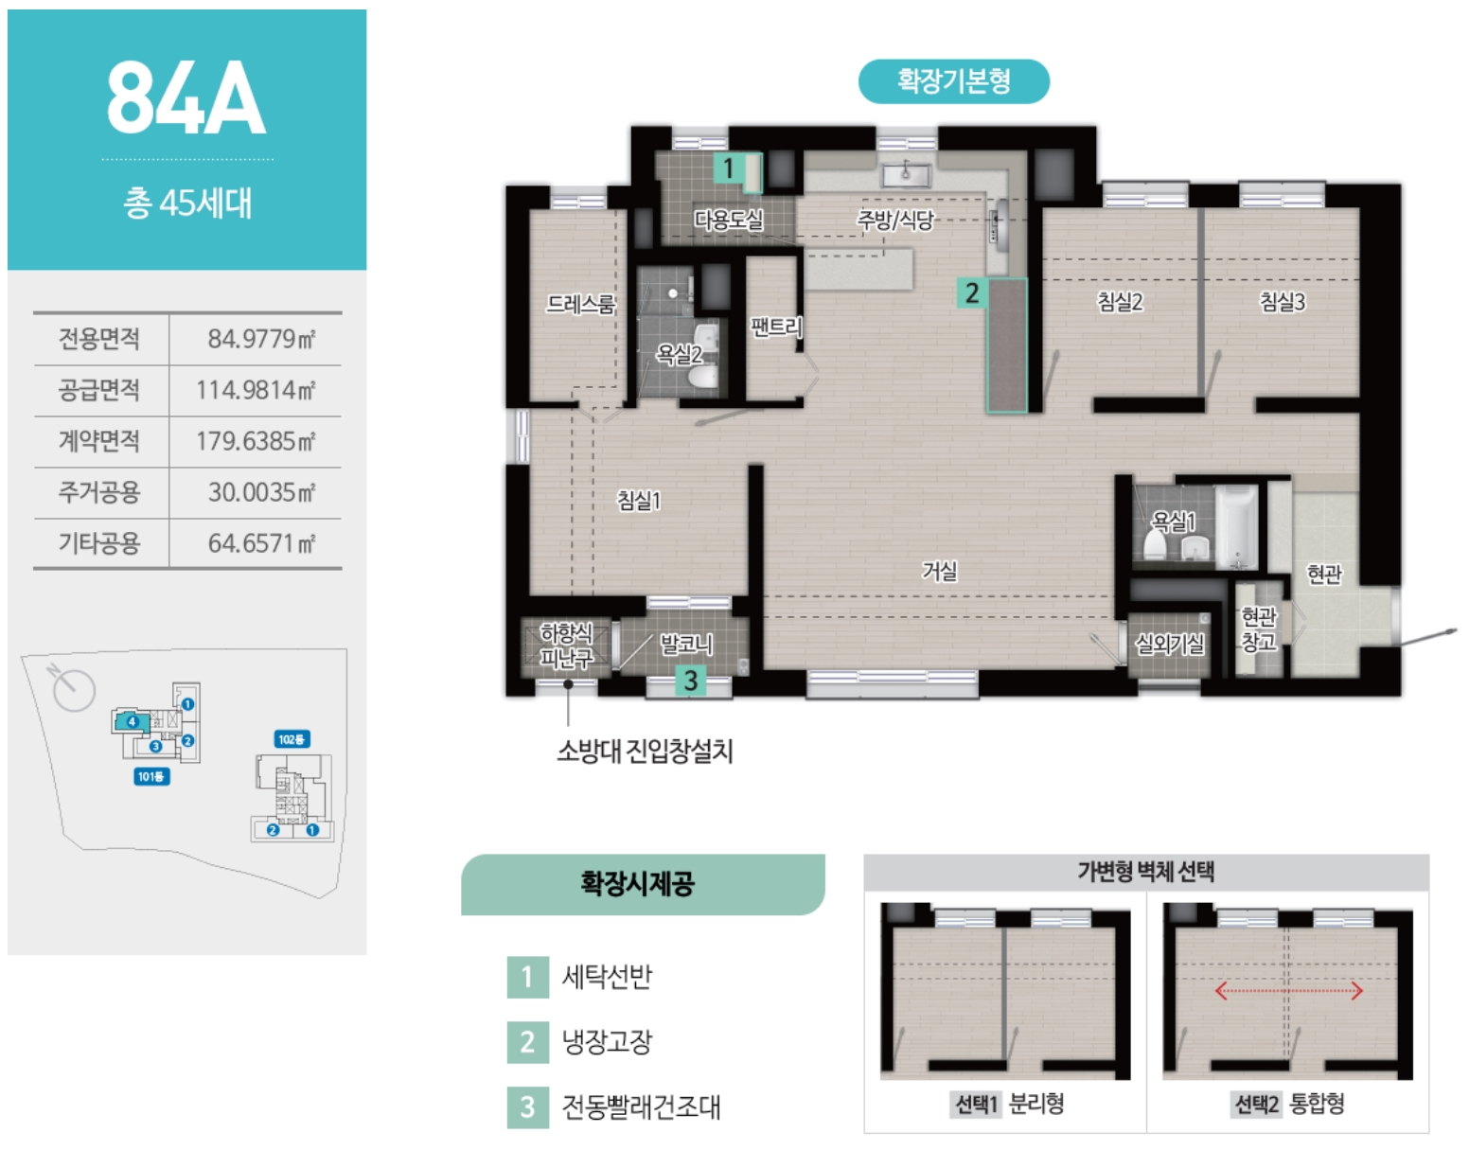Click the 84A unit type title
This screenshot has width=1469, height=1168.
186,97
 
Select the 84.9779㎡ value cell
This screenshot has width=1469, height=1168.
260,339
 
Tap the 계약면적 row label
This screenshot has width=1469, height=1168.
99,441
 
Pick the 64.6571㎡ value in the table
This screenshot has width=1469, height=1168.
260,543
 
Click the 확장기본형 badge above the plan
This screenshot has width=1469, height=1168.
953,81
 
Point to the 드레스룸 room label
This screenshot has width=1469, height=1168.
580,304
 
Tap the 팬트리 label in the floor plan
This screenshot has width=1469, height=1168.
775,327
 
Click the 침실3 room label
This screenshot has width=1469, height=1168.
1282,302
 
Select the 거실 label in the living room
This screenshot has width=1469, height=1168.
940,571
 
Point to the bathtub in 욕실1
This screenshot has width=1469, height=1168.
1236,525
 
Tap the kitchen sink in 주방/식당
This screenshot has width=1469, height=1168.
906,174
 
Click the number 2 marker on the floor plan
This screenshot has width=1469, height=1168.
971,293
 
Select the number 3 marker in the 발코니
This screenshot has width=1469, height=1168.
691,681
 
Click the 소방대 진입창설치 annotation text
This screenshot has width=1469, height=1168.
645,752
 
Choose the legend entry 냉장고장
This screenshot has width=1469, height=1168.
607,1042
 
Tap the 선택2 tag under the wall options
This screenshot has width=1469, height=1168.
1256,1104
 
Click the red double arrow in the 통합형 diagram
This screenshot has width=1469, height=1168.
1288,991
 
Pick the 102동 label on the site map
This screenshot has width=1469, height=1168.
292,739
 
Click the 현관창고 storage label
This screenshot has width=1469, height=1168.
1258,629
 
